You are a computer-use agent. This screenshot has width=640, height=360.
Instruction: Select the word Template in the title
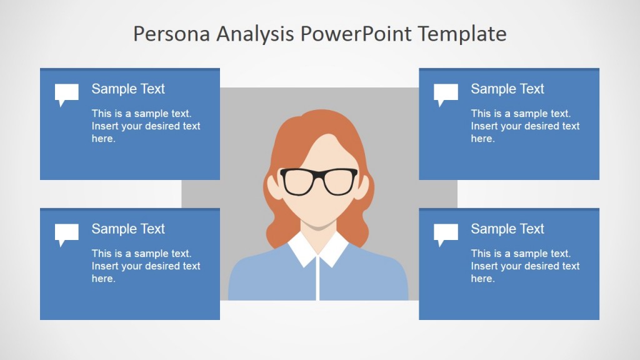462,34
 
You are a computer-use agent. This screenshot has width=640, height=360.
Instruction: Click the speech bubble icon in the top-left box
66,94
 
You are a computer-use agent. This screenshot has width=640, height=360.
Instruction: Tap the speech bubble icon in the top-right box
446,94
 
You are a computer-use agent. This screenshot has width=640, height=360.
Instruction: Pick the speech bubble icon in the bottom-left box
66,234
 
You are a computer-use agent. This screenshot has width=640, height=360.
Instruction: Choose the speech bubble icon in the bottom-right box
446,234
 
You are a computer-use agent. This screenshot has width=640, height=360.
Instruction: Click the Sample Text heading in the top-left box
128,89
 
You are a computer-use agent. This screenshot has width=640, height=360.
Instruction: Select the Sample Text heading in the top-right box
507,89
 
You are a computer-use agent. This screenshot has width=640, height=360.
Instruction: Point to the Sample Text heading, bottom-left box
128,229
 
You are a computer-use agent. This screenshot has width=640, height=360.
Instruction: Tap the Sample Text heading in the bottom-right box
507,229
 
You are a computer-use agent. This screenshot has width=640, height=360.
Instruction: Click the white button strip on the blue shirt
319,278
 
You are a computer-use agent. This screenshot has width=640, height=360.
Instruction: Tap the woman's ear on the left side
274,187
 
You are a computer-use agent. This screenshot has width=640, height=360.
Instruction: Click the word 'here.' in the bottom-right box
482,279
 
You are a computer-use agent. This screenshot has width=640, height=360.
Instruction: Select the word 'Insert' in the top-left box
105,126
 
